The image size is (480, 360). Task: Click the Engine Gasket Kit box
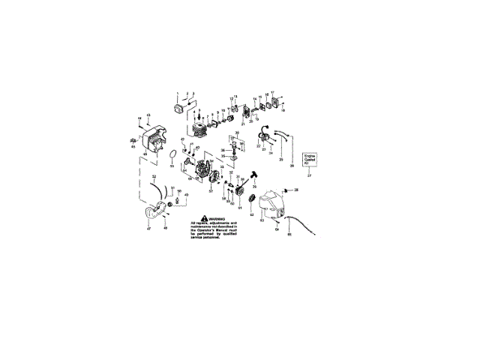click(x=310, y=160)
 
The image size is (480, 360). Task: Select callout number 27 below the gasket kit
click(x=310, y=174)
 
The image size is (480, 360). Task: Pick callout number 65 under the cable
click(x=286, y=235)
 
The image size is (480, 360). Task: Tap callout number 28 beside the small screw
click(x=296, y=191)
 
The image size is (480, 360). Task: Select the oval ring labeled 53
click(x=173, y=155)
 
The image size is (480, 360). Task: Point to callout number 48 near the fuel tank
click(x=166, y=227)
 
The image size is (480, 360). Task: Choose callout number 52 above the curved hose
click(x=153, y=176)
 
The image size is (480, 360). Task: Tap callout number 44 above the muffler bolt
click(x=139, y=118)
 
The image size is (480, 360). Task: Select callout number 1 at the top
click(x=178, y=94)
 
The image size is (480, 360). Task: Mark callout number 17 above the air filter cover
click(x=274, y=91)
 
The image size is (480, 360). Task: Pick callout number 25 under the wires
click(x=280, y=160)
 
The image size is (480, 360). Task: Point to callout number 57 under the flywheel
click(x=211, y=191)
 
